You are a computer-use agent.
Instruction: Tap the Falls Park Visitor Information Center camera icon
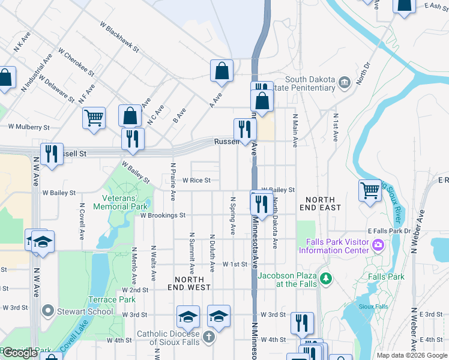(x=378, y=245)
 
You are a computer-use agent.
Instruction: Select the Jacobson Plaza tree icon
(x=326, y=278)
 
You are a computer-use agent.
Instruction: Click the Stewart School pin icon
(x=47, y=311)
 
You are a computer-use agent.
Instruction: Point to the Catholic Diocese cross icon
(x=208, y=337)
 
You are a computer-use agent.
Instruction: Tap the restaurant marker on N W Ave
(x=52, y=154)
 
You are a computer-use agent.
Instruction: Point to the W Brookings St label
(x=163, y=215)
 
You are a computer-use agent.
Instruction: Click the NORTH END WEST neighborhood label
(x=193, y=283)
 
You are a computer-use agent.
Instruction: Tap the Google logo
(x=19, y=353)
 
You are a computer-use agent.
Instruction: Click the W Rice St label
(x=196, y=180)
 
